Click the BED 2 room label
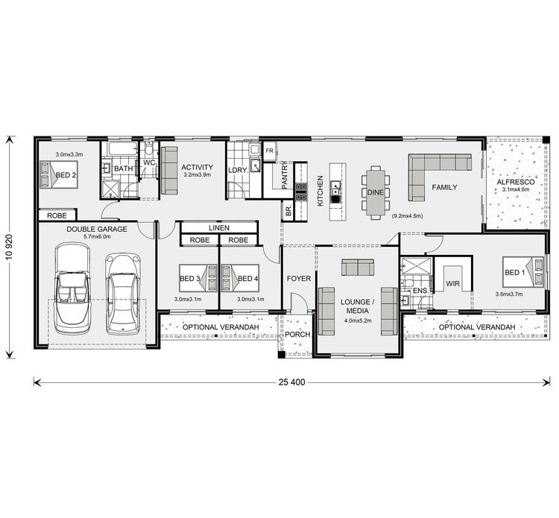66,175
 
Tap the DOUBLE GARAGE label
97,229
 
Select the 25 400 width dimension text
294,382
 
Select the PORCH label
297,335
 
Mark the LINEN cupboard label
218,227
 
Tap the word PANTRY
285,174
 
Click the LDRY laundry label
238,170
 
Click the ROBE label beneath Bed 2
57,215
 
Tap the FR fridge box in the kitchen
269,148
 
